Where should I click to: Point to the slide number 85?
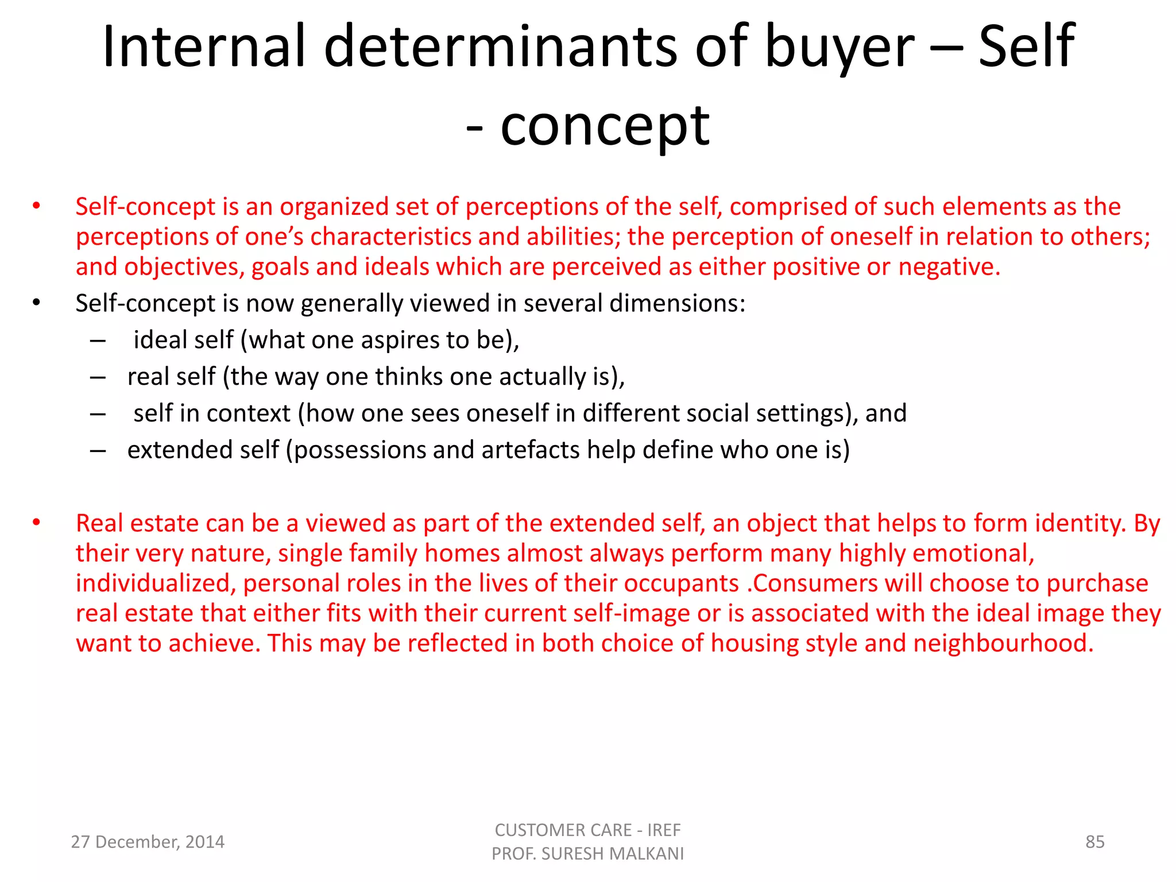1094,842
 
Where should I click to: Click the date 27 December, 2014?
148,842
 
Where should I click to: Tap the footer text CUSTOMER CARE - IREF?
587,830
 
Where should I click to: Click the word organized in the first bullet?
334,207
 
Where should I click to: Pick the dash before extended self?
98,451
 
